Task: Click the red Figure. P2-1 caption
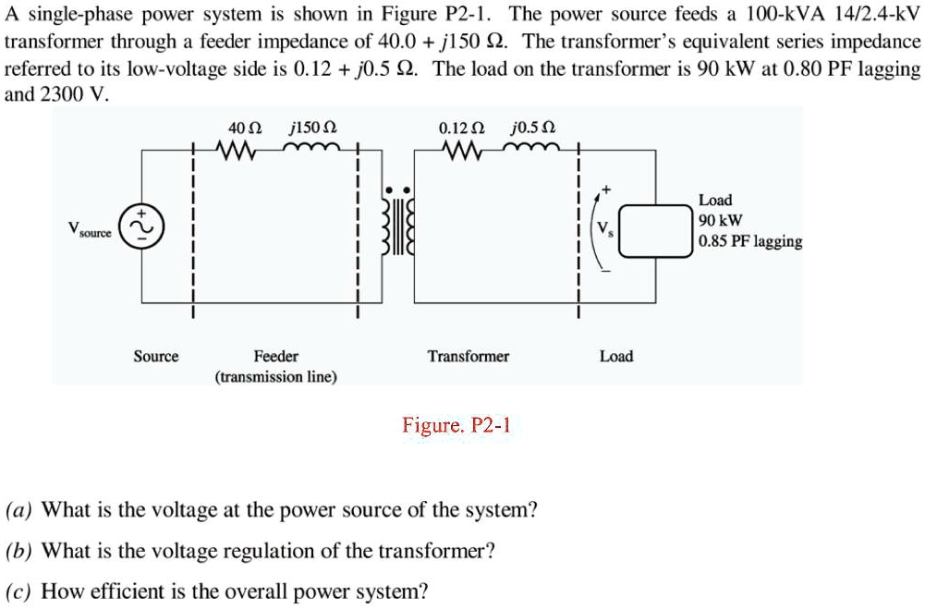[x=456, y=425]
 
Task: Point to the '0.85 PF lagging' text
[x=750, y=242]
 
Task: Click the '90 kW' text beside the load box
[x=720, y=221]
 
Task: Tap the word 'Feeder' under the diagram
[x=276, y=357]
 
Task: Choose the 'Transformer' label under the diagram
[x=468, y=357]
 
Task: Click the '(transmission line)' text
[x=276, y=377]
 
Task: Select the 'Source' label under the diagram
[x=156, y=357]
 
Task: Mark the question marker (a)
[x=19, y=510]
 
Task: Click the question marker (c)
[x=19, y=592]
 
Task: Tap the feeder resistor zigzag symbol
[x=239, y=149]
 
